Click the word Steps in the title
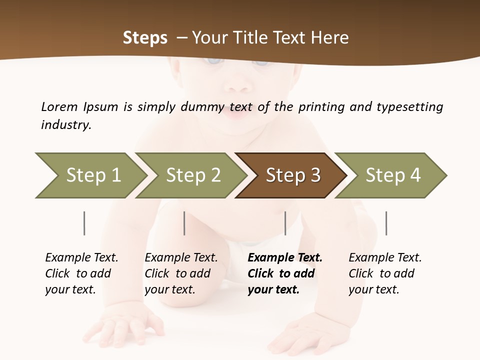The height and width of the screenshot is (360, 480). [145, 38]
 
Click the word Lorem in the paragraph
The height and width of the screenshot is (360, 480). [59, 106]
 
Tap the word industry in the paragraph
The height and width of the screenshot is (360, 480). [66, 125]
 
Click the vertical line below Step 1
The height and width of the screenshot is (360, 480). [84, 223]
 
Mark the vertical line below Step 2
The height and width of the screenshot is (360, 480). [184, 223]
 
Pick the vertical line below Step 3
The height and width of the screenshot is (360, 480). [285, 223]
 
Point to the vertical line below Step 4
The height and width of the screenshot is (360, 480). [386, 223]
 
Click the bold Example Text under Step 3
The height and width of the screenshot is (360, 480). [285, 258]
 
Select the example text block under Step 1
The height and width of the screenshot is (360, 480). [81, 273]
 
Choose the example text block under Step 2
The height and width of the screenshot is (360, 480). [181, 273]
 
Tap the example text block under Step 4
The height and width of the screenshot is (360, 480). [385, 273]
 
